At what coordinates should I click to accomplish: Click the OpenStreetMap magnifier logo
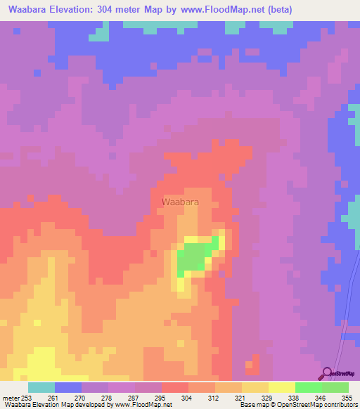coord(326,373)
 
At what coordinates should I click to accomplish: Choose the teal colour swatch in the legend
coord(41,387)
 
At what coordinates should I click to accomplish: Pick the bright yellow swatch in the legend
coord(281,387)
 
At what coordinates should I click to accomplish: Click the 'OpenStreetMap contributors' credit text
coord(319,405)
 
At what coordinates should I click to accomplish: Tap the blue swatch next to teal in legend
coord(67,387)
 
